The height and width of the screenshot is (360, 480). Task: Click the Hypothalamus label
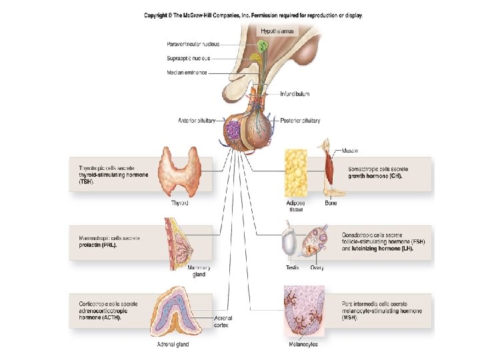(277, 31)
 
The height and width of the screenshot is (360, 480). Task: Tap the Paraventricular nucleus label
(193, 44)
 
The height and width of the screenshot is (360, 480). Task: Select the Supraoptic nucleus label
(188, 58)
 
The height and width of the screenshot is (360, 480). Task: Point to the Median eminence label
(187, 72)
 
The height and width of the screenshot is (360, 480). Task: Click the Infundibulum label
(294, 94)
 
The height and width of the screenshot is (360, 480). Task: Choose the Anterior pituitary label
(197, 121)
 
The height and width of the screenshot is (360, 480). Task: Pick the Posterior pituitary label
(300, 121)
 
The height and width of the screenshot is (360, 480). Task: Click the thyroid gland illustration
(180, 173)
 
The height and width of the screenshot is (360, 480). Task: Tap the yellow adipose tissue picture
(296, 172)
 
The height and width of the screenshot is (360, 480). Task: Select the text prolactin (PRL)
(97, 245)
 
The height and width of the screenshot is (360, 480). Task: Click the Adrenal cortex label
(223, 321)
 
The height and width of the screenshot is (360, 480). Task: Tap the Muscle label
(350, 151)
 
